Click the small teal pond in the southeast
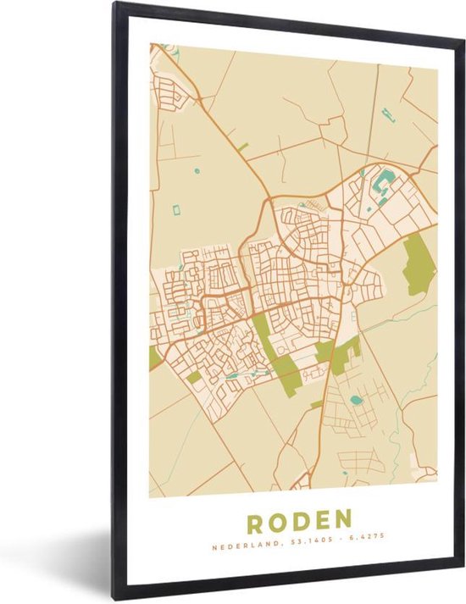click(x=353, y=398)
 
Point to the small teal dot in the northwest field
click(x=197, y=171)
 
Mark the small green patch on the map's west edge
click(x=153, y=357)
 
